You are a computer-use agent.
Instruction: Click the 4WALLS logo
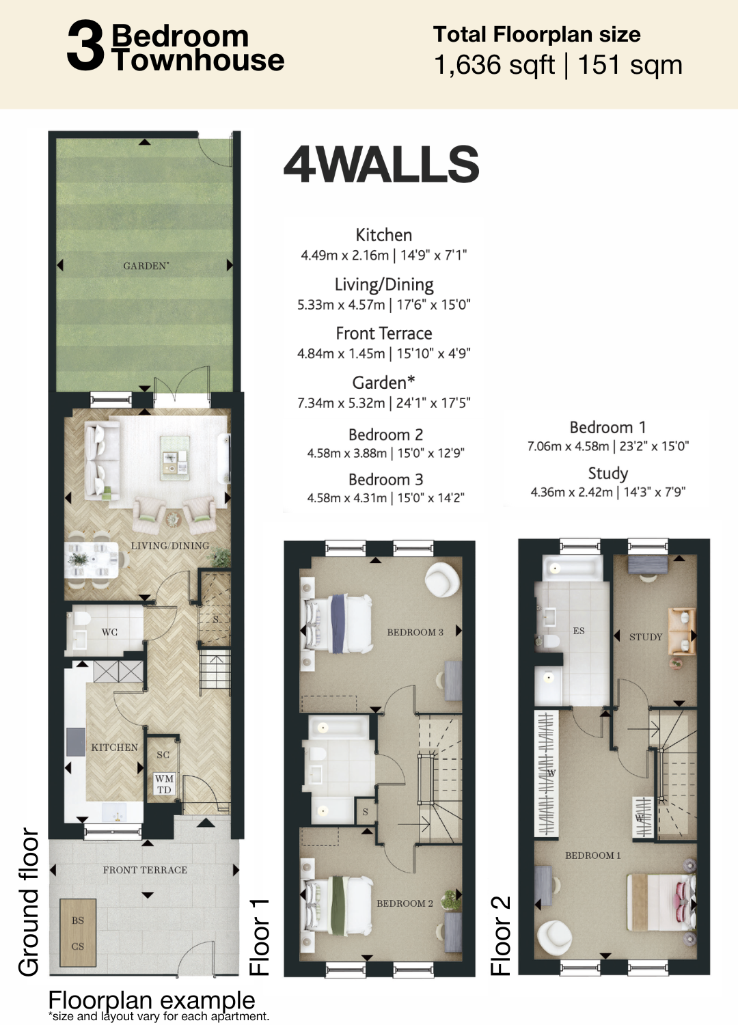tap(381, 164)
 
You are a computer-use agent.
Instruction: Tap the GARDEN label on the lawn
tap(146, 266)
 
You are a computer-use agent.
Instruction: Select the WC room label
tap(109, 632)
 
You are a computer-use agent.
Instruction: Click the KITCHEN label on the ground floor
tap(114, 748)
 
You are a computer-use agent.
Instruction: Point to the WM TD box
tap(164, 784)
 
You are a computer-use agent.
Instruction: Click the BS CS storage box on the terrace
tap(78, 933)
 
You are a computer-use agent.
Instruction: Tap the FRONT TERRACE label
tap(145, 870)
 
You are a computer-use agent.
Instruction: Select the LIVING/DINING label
tap(170, 545)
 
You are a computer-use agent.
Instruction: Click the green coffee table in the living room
tap(175, 458)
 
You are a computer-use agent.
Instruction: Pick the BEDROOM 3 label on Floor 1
tap(415, 632)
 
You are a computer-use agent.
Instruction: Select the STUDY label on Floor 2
tap(646, 637)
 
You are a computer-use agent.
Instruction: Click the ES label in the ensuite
tap(579, 631)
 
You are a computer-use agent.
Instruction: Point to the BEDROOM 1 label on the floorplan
tap(593, 856)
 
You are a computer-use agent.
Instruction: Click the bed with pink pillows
tap(661, 902)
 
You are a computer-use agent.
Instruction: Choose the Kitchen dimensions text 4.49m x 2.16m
tap(344, 256)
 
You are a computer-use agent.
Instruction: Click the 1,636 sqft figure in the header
tap(494, 65)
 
